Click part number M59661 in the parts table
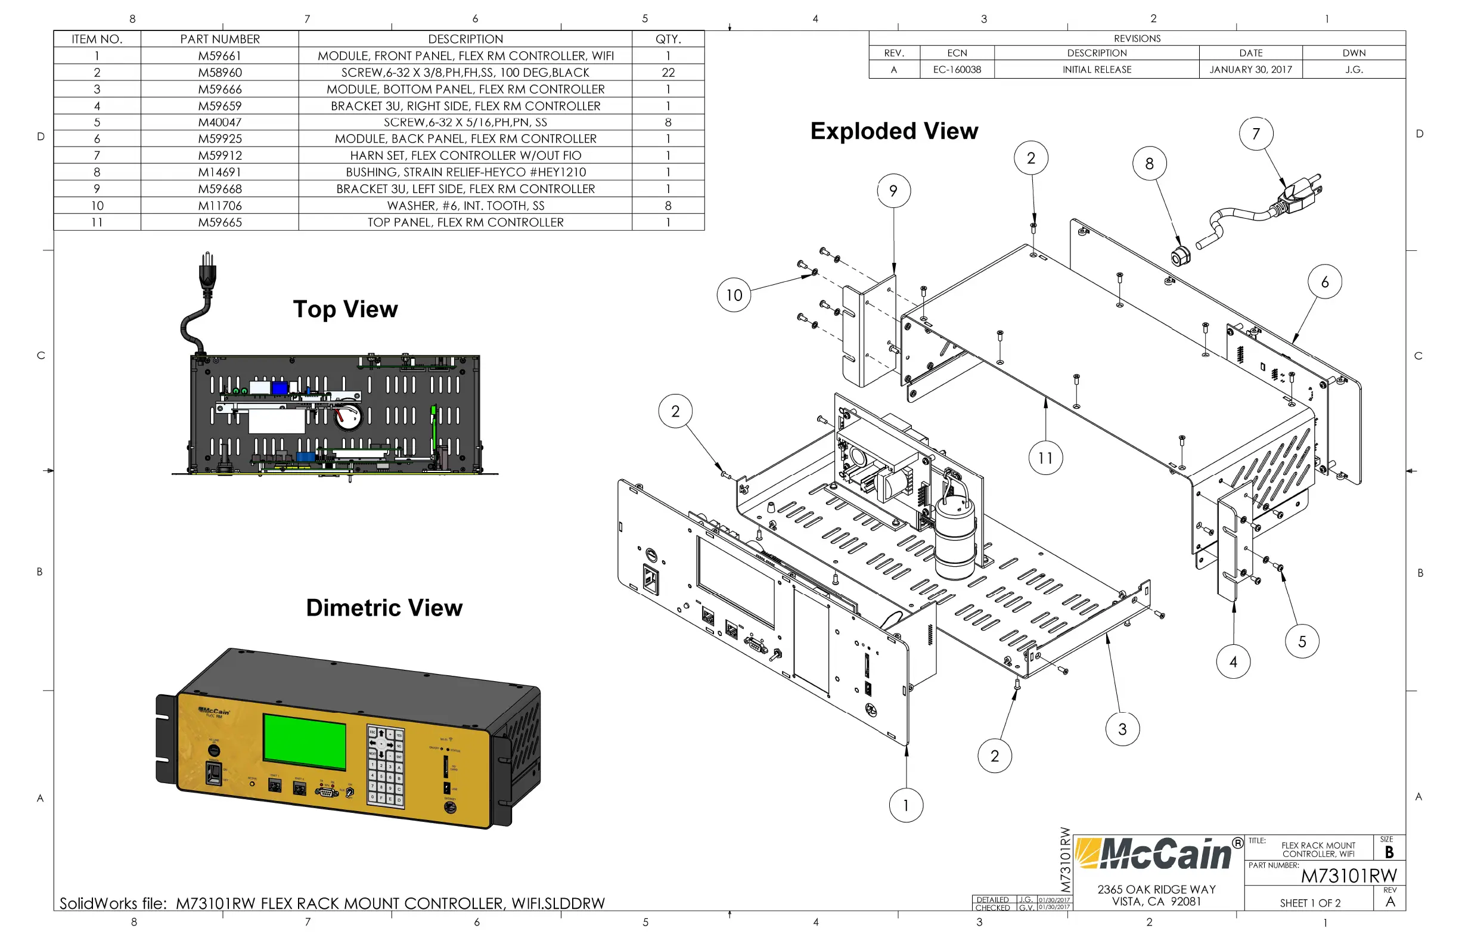219,56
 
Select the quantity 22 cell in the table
668,72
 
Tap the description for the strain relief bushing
465,172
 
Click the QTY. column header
668,39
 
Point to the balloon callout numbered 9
893,191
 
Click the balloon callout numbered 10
734,296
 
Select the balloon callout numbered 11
1045,458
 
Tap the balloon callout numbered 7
1256,133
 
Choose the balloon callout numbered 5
1302,642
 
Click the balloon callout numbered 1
905,806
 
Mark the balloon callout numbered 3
1122,729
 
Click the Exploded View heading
894,131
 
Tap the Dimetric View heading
384,608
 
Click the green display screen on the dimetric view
305,741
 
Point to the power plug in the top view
208,273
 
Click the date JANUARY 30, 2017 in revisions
1250,70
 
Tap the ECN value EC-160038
957,70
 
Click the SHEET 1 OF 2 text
1309,903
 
